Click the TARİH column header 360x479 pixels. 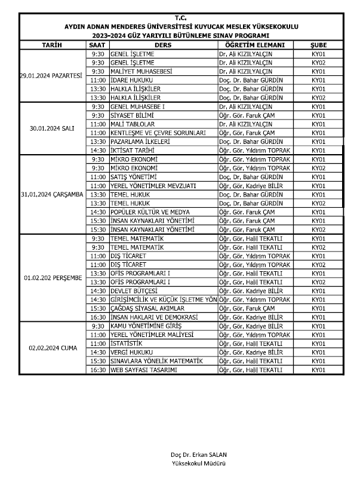coord(52,45)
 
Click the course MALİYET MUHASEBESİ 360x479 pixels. coord(138,71)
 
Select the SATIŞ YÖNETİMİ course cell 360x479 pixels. coord(134,177)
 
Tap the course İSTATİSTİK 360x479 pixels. coord(126,343)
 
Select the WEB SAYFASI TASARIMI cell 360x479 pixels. coord(143,370)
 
